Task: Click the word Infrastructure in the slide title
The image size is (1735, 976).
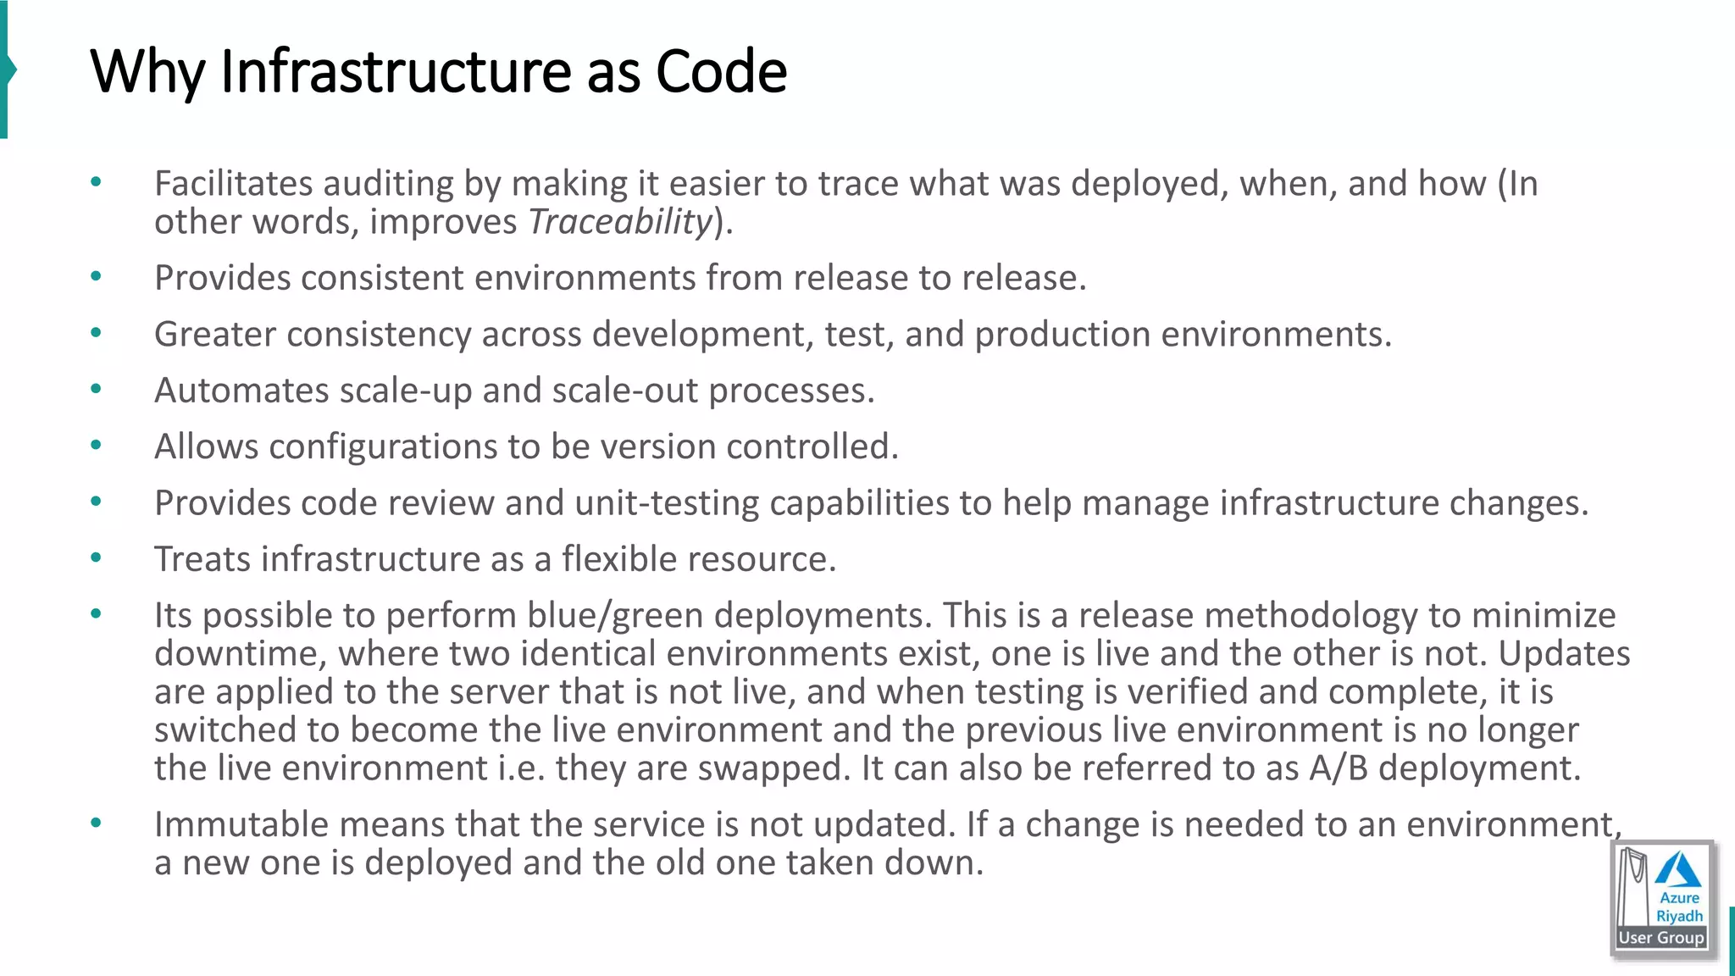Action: tap(396, 71)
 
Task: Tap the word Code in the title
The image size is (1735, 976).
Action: tap(721, 71)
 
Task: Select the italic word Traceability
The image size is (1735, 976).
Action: tap(620, 222)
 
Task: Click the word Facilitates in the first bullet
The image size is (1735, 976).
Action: tap(233, 184)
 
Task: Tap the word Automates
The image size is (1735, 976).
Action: tap(241, 391)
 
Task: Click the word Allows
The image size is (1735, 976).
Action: tap(206, 446)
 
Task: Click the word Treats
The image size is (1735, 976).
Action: tap(202, 559)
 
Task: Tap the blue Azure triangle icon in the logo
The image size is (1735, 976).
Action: tap(1678, 870)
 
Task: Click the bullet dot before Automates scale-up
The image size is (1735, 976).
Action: tap(96, 390)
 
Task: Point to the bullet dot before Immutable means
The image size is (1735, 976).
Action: tap(96, 823)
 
